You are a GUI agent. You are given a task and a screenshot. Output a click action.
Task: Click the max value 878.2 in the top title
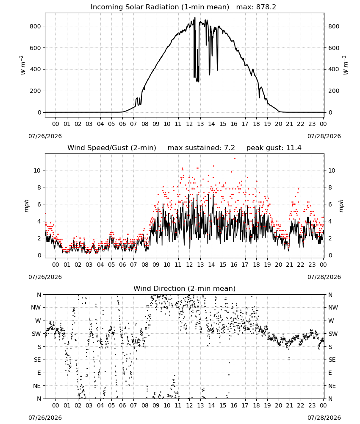click(266, 7)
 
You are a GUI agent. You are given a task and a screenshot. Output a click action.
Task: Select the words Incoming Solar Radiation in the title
click(135, 7)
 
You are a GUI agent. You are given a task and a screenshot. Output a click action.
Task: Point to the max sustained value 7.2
click(230, 148)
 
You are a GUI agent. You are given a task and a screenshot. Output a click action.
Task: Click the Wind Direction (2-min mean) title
click(185, 288)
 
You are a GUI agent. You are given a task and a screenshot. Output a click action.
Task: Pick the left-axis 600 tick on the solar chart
click(36, 48)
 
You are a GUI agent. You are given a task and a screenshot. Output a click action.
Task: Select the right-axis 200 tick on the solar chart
click(334, 91)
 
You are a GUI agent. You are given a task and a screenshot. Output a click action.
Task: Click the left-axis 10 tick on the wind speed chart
click(37, 170)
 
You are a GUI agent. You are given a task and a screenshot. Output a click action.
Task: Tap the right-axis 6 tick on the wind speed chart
click(330, 204)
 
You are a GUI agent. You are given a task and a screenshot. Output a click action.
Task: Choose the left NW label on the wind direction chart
click(36, 307)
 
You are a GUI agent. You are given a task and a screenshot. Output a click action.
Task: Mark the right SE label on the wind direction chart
click(332, 360)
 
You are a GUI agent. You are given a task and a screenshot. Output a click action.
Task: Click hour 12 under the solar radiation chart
click(189, 124)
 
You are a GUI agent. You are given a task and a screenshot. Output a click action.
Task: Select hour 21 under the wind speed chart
click(290, 265)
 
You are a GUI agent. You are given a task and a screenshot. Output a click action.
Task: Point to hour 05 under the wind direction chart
click(111, 405)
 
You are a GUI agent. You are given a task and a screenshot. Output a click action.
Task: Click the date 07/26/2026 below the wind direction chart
click(45, 418)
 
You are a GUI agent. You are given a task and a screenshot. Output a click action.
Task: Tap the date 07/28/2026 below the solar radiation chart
click(324, 136)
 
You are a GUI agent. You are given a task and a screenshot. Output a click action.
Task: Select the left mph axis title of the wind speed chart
click(27, 206)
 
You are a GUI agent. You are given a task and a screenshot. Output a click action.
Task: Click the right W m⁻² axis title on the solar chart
click(346, 65)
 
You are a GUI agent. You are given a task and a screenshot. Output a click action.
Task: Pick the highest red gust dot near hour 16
click(235, 158)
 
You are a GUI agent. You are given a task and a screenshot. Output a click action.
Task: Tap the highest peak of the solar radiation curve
click(195, 18)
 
